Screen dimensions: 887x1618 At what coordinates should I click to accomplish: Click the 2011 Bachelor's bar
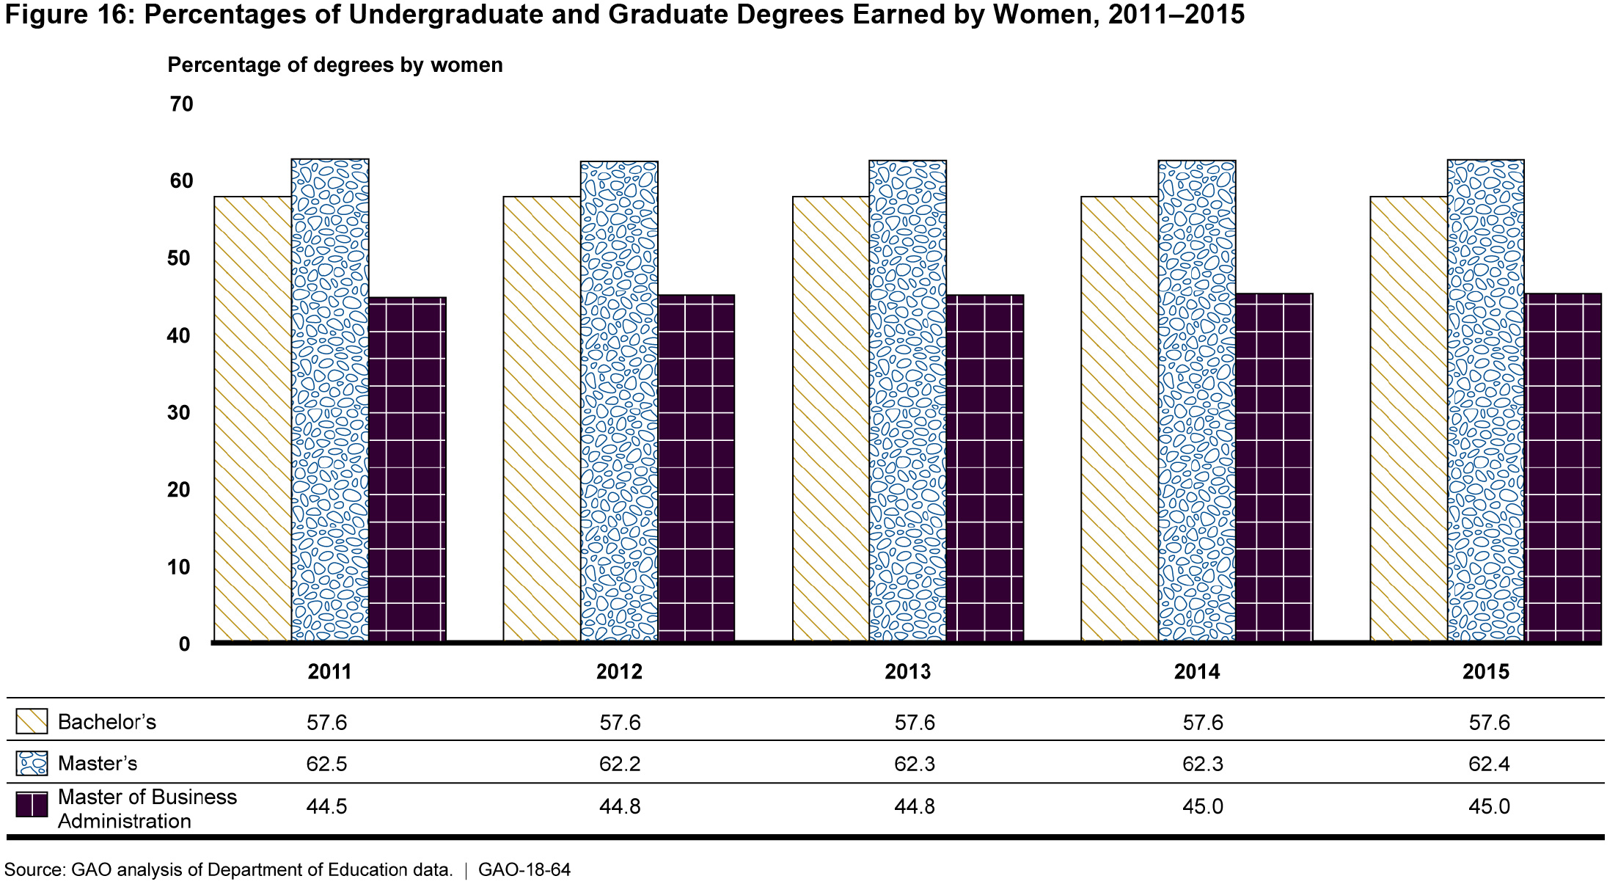point(253,418)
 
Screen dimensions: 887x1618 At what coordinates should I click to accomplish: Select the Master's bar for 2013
point(907,400)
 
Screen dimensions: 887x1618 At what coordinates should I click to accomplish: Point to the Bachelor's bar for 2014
point(1119,418)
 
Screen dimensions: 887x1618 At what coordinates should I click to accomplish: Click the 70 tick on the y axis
point(181,104)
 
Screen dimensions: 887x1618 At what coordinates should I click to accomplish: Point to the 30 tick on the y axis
point(179,412)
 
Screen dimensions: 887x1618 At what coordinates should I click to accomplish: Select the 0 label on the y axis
point(184,644)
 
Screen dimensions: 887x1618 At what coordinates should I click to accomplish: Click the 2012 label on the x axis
point(619,672)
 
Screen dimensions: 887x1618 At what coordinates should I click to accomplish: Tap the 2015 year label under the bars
point(1486,672)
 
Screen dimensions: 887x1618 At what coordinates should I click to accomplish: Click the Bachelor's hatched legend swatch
point(32,721)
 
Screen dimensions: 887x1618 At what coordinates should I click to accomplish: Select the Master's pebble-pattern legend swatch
point(32,763)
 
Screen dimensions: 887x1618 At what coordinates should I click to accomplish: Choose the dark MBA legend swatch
point(32,806)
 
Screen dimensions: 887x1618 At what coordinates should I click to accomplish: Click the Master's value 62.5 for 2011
point(326,764)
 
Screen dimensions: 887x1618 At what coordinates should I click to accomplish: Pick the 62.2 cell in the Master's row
point(620,764)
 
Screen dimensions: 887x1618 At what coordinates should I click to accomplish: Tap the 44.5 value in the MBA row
point(326,806)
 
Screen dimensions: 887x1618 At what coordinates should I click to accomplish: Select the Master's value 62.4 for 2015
point(1489,764)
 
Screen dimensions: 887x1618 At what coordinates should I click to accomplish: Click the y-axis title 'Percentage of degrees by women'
point(335,65)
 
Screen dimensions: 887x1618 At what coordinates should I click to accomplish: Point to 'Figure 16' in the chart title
point(70,15)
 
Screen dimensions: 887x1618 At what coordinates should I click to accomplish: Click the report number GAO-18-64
point(524,870)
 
